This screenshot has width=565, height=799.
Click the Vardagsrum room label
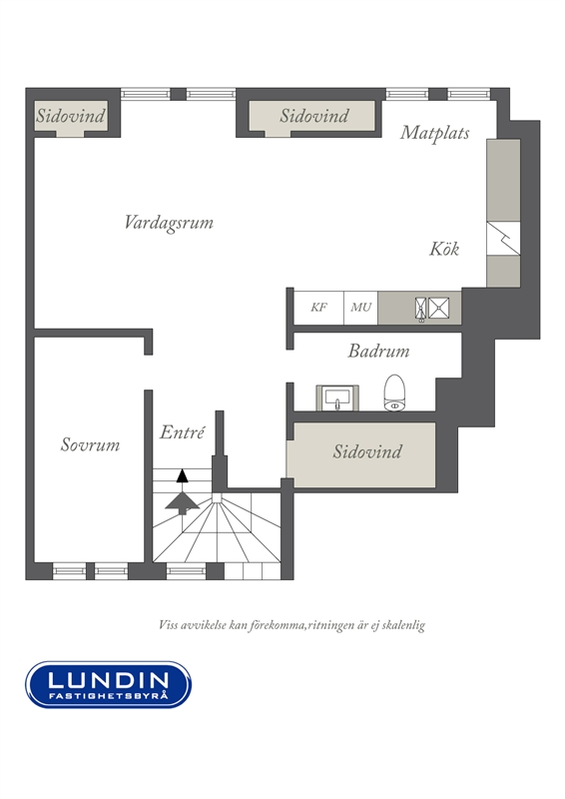(x=169, y=223)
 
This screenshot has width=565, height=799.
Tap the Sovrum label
(x=90, y=444)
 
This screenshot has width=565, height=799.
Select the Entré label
(x=182, y=432)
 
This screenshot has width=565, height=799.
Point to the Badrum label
(x=378, y=352)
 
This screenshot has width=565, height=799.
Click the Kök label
(x=444, y=249)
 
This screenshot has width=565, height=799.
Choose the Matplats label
(x=434, y=133)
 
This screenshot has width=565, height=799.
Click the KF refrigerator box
(x=318, y=308)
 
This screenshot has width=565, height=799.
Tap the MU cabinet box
(x=360, y=308)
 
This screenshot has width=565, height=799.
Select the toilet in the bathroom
(x=394, y=393)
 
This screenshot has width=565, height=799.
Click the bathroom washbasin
(x=337, y=398)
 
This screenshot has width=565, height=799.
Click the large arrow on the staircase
(x=183, y=502)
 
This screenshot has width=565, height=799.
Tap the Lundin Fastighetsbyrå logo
(x=109, y=684)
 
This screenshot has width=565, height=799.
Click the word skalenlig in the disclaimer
(x=404, y=625)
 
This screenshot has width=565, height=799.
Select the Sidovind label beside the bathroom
(x=367, y=452)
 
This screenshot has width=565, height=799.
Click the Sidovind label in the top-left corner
(x=70, y=116)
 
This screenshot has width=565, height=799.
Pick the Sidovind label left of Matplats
(x=314, y=116)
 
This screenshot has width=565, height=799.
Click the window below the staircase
(x=186, y=570)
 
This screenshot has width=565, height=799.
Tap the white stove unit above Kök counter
(x=503, y=239)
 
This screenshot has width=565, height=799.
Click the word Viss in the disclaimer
(x=169, y=625)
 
